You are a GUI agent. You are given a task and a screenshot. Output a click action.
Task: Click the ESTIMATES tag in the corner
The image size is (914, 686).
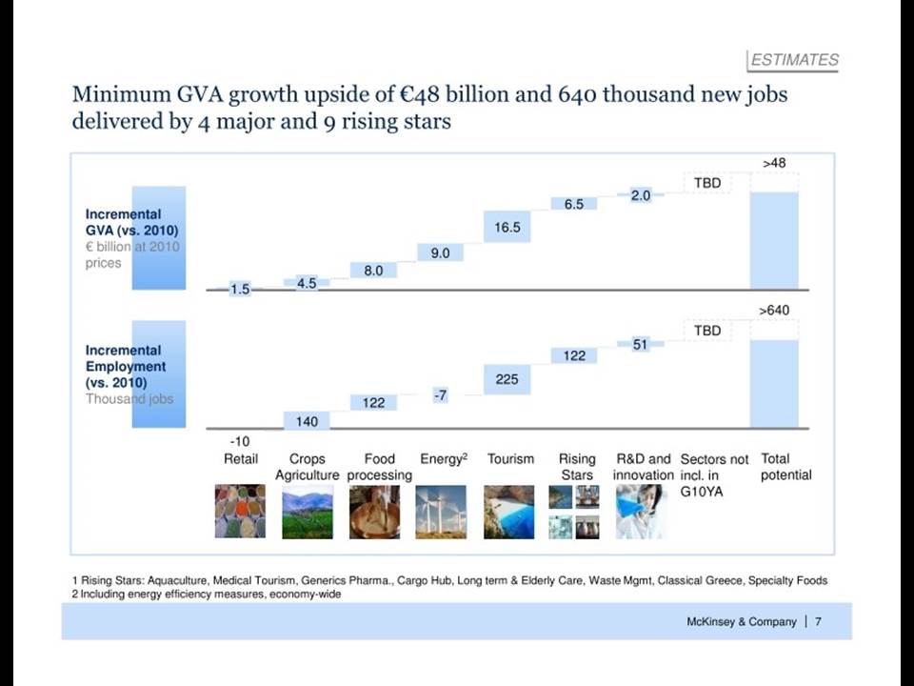[x=793, y=60]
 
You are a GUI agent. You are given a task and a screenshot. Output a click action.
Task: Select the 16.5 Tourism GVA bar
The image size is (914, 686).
[x=507, y=227]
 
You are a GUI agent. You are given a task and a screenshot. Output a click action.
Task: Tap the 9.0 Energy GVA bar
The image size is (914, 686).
[x=440, y=252]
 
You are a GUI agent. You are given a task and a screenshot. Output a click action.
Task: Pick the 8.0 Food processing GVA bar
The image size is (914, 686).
[x=373, y=270]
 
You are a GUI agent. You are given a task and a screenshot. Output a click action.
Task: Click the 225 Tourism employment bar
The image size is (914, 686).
[x=507, y=379]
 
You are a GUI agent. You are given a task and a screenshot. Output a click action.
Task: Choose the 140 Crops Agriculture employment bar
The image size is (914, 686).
[x=307, y=420]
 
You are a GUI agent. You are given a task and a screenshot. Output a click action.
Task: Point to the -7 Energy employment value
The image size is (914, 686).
[x=441, y=394]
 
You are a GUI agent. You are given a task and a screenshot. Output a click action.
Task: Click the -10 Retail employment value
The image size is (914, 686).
[x=240, y=441]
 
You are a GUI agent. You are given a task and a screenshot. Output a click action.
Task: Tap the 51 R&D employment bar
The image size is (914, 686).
[x=640, y=344]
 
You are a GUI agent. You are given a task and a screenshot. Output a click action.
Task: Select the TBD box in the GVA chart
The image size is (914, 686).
[x=707, y=183]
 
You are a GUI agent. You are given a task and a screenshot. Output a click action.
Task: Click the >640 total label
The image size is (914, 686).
[x=774, y=310]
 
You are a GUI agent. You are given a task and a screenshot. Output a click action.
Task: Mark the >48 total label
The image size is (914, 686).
[x=774, y=163]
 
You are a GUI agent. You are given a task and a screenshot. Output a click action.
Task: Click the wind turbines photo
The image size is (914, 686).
[x=441, y=512]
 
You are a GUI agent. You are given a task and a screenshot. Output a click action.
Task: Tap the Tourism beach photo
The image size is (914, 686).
[x=508, y=512]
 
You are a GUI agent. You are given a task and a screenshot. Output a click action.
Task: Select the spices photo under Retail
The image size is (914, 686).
[x=240, y=511]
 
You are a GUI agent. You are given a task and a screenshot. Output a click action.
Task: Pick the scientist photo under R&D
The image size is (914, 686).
[x=641, y=512]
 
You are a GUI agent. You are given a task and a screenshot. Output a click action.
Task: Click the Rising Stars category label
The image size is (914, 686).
[x=577, y=467]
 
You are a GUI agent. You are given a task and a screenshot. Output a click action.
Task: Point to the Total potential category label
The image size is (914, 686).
[x=785, y=467]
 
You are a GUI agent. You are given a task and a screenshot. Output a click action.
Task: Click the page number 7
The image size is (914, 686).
[x=819, y=622]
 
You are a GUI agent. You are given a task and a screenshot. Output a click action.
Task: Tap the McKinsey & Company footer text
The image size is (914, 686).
[x=741, y=622]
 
